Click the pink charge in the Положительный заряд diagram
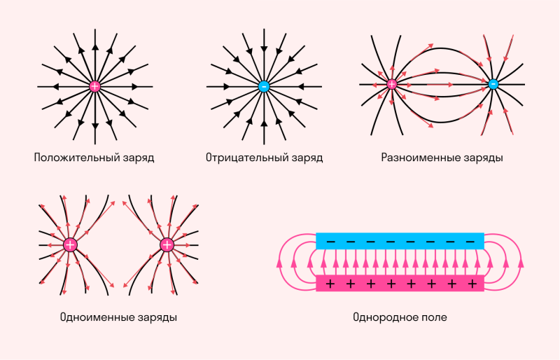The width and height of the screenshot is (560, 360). (x=94, y=87)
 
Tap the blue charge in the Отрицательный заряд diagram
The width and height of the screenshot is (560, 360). (x=264, y=87)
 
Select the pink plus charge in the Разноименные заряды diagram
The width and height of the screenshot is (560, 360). (x=392, y=84)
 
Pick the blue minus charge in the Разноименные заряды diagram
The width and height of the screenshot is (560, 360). (x=493, y=84)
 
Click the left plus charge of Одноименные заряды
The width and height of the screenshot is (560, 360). (x=70, y=245)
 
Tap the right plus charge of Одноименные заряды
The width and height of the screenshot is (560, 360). (x=167, y=245)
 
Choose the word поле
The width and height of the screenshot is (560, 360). (x=432, y=317)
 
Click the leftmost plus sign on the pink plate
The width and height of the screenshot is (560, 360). (x=330, y=284)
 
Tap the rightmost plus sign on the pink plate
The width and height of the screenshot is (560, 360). (x=472, y=284)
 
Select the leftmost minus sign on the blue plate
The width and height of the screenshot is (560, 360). (x=331, y=242)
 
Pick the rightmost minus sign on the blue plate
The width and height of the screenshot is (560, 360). (x=470, y=242)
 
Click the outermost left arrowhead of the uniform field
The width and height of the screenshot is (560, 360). (x=279, y=263)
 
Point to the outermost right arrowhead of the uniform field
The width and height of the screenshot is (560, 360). (x=521, y=263)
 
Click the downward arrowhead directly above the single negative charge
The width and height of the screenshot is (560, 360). (x=264, y=49)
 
